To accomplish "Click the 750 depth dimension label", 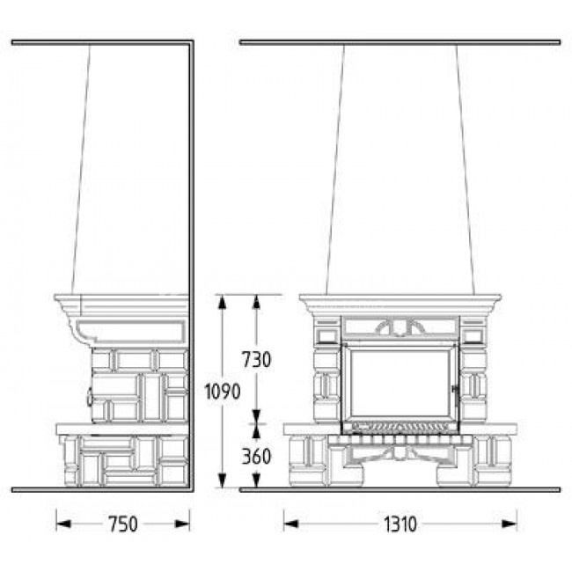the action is [x=123, y=524].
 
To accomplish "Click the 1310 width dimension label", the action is [x=400, y=524].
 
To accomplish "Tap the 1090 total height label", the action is [x=222, y=392].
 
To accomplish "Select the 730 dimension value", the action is [x=257, y=359].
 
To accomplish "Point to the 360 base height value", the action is [x=256, y=457].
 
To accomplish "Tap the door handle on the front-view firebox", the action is [x=455, y=395].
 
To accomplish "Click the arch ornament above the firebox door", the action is [x=400, y=326].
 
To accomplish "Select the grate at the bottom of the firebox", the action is [x=400, y=428].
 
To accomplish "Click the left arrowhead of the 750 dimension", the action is [x=63, y=524].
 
